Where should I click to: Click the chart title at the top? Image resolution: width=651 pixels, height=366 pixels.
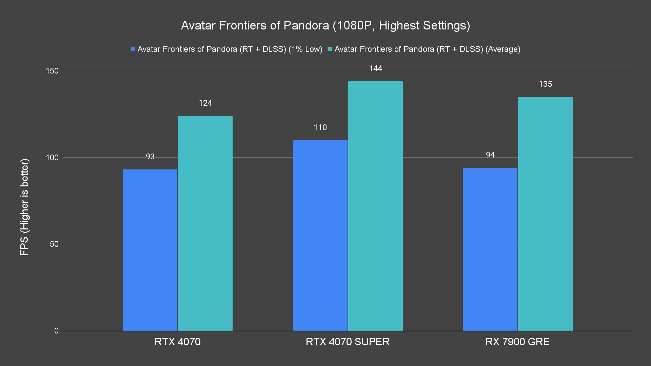pyautogui.click(x=325, y=25)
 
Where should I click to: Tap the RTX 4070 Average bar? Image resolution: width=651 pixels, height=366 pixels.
pyautogui.click(x=205, y=223)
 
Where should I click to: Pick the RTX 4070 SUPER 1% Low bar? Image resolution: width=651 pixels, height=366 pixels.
pyautogui.click(x=320, y=236)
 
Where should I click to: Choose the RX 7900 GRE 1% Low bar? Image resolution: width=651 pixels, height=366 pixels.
pyautogui.click(x=490, y=249)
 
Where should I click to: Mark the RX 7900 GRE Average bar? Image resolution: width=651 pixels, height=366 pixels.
pyautogui.click(x=545, y=214)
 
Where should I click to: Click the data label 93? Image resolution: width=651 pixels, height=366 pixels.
pyautogui.click(x=150, y=157)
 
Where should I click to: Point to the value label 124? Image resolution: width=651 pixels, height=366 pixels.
pyautogui.click(x=205, y=103)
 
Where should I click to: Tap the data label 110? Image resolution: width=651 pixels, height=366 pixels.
pyautogui.click(x=320, y=127)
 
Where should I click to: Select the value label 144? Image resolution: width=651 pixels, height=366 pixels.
pyautogui.click(x=375, y=68)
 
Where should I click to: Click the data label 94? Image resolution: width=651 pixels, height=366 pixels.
pyautogui.click(x=490, y=155)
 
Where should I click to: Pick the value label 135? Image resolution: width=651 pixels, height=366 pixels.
pyautogui.click(x=545, y=84)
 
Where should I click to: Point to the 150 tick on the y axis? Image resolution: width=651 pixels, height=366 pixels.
pyautogui.click(x=52, y=71)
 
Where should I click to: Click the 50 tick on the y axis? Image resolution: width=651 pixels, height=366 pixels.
pyautogui.click(x=54, y=244)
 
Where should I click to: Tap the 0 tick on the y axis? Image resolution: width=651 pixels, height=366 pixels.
pyautogui.click(x=56, y=331)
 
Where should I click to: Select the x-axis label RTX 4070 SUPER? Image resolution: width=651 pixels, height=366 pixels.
pyautogui.click(x=348, y=342)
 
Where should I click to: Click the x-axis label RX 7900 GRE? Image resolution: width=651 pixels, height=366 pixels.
pyautogui.click(x=517, y=342)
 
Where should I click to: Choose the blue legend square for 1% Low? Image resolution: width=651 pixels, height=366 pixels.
pyautogui.click(x=133, y=49)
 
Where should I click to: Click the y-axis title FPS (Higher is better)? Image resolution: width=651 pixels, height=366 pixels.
pyautogui.click(x=24, y=207)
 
